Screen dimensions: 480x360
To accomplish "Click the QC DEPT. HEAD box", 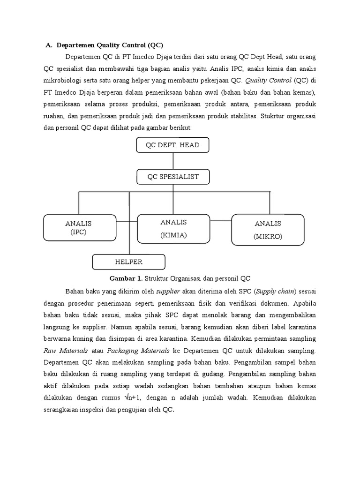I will pyautogui.click(x=172, y=145).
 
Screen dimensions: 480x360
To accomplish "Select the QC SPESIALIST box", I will pyautogui.click(x=173, y=177).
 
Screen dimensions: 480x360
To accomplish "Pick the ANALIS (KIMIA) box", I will pyautogui.click(x=173, y=228).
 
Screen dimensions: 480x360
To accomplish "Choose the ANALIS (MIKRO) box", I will pyautogui.click(x=268, y=230).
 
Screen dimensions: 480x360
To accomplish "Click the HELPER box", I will pyautogui.click(x=128, y=262).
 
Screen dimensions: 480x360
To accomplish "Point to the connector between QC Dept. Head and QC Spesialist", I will pyautogui.click(x=173, y=161).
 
